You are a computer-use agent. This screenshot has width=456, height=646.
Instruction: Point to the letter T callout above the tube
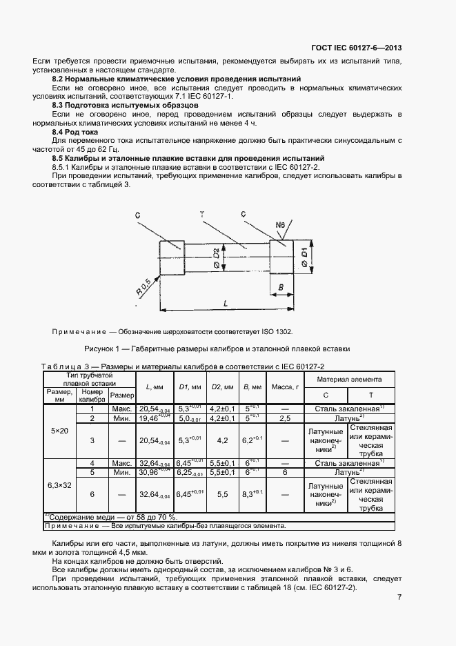click(x=202, y=215)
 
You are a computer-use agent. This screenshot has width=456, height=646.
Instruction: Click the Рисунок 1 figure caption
click(x=217, y=349)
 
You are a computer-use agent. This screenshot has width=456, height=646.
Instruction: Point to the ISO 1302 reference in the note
click(x=280, y=331)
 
